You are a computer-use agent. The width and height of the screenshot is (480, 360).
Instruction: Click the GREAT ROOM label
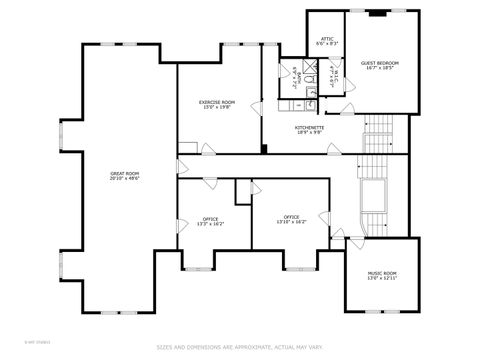click(x=125, y=174)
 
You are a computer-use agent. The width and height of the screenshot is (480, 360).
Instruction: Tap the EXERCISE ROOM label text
click(x=217, y=102)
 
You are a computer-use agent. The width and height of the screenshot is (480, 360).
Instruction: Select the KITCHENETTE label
click(x=308, y=127)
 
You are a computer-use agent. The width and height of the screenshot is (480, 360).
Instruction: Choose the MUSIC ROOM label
click(x=383, y=273)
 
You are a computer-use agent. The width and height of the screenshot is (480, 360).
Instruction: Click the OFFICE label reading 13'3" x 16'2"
click(x=210, y=218)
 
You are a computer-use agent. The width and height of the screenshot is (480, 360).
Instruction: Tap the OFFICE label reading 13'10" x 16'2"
click(x=291, y=217)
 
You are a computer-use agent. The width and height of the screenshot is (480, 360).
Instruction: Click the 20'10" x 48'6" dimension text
click(x=125, y=180)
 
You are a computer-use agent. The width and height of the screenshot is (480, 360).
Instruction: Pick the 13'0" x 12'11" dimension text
click(x=383, y=279)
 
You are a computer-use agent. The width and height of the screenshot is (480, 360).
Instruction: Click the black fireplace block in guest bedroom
click(x=378, y=14)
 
